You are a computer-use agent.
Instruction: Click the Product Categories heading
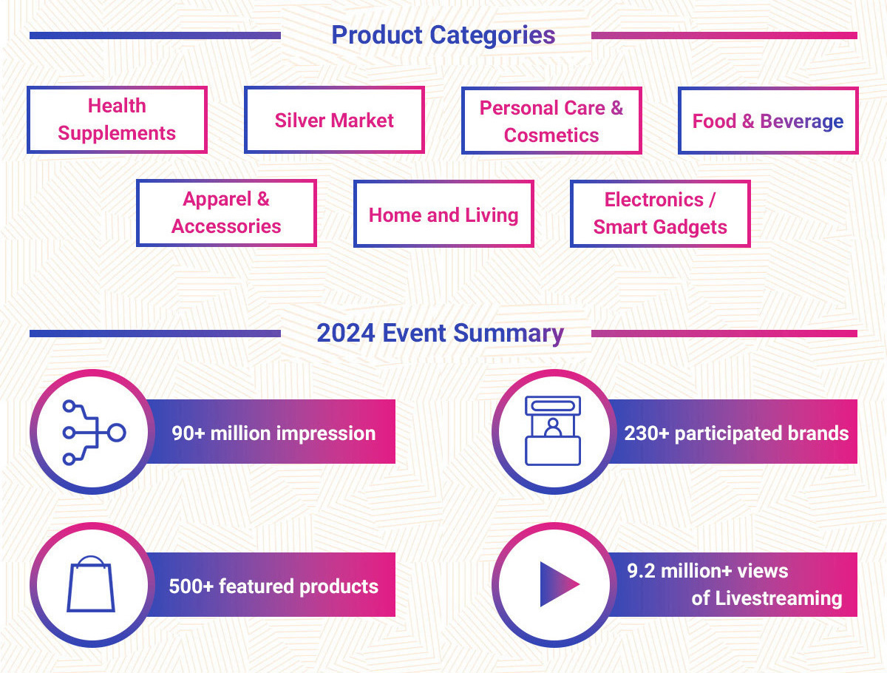[x=443, y=35]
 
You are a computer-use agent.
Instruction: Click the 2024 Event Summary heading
[x=440, y=334]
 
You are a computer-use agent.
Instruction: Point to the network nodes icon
[x=94, y=433]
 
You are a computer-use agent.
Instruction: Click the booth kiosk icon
[x=553, y=431]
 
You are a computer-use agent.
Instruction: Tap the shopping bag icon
[x=90, y=584]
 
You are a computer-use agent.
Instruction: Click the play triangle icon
[x=560, y=584]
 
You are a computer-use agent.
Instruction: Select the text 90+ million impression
[x=273, y=433]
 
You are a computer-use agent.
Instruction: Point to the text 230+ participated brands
[x=736, y=433]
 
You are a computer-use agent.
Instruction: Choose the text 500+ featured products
[x=273, y=586]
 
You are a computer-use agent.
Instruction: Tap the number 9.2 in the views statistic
[x=641, y=571]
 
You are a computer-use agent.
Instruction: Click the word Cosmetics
[x=551, y=135]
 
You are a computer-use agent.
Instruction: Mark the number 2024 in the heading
[x=346, y=334]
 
